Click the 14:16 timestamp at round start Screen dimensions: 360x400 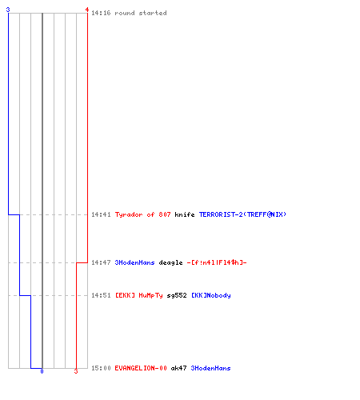click(x=101, y=13)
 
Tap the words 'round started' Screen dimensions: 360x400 click(x=141, y=13)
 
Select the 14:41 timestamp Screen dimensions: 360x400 click(x=101, y=214)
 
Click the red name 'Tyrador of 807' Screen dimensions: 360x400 click(x=142, y=214)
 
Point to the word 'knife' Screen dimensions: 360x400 click(x=185, y=214)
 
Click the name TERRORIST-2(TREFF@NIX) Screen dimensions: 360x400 click(x=242, y=214)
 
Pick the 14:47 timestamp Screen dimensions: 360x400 click(x=101, y=262)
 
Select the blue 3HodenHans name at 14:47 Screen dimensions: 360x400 click(x=134, y=262)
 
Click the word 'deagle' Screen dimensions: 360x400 click(x=170, y=262)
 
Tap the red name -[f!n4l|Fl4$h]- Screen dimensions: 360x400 click(x=217, y=262)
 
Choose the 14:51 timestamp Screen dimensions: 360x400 click(x=101, y=295)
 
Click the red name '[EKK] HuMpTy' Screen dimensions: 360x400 click(x=139, y=295)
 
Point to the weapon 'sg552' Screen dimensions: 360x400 click(x=177, y=295)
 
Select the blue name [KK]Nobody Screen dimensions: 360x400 click(x=211, y=295)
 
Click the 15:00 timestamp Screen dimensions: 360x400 click(x=101, y=368)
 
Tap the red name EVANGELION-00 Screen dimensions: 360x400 click(x=141, y=368)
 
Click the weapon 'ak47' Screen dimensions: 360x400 click(x=178, y=368)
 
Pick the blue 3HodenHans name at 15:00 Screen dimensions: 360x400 click(x=210, y=368)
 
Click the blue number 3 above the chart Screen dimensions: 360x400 click(x=8, y=10)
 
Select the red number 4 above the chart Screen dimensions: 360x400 click(x=87, y=10)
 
